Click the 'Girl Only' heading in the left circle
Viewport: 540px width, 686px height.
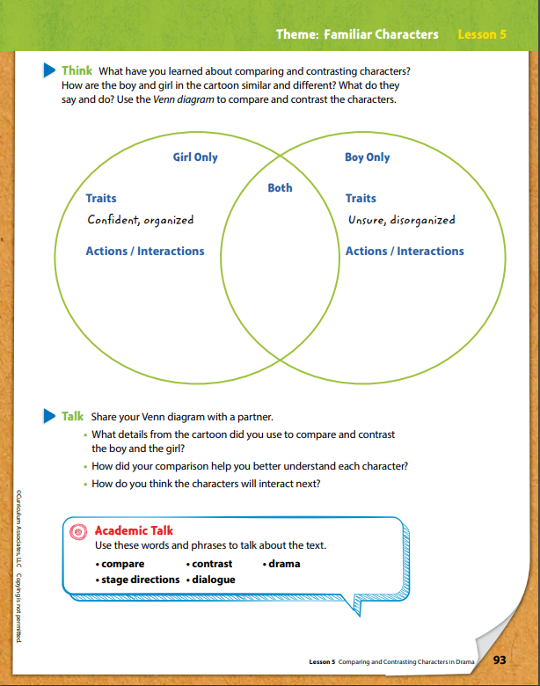(195, 157)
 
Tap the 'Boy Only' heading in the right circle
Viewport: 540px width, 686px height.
(367, 157)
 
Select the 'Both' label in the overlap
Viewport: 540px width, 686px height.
(280, 187)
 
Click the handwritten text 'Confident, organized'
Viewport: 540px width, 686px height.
(140, 220)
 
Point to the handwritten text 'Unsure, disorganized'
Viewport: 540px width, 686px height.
(400, 220)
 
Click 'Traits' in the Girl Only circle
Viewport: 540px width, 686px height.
(101, 199)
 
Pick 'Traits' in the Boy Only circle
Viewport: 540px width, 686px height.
(361, 199)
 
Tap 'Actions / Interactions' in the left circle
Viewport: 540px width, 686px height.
(144, 252)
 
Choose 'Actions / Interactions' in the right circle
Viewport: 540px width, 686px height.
(405, 252)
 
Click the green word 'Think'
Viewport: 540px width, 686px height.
(77, 69)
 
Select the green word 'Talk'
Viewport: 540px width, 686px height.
(72, 416)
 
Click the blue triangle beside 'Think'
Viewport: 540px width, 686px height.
(50, 69)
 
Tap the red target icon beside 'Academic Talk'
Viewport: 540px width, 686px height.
(78, 531)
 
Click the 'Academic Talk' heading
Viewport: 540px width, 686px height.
(134, 530)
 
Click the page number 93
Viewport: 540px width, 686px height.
(500, 660)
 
